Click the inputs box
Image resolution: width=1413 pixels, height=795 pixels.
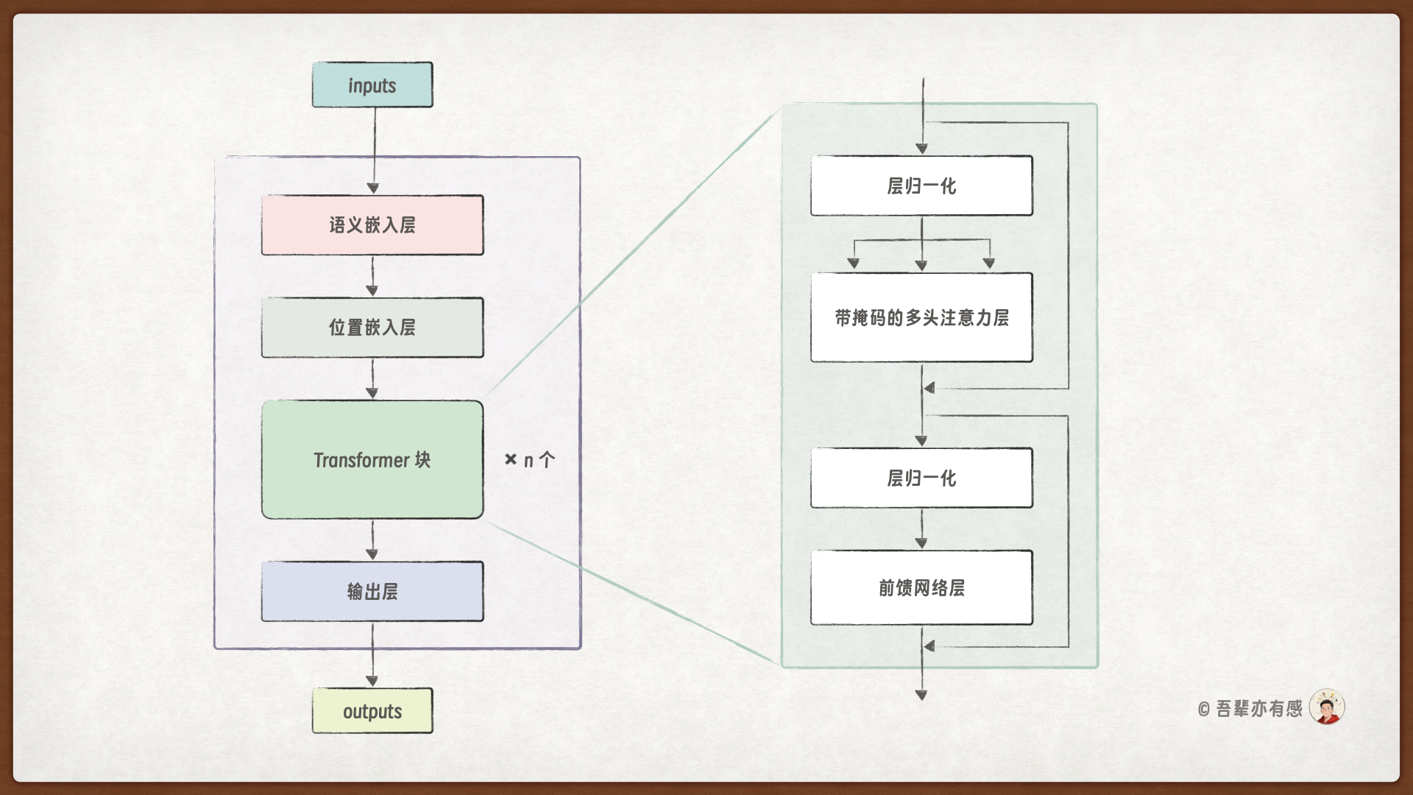click(372, 85)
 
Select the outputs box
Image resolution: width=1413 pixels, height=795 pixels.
click(372, 711)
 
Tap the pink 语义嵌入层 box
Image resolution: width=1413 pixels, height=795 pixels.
click(372, 225)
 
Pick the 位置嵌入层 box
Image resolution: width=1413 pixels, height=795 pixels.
click(372, 328)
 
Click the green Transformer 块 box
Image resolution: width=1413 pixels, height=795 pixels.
click(372, 460)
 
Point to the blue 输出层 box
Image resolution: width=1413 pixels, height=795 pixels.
click(372, 592)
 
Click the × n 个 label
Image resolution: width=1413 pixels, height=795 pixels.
click(530, 460)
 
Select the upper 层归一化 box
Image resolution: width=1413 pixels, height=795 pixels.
click(921, 185)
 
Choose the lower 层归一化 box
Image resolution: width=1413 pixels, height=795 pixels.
click(921, 478)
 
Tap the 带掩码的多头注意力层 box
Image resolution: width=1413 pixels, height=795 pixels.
click(921, 318)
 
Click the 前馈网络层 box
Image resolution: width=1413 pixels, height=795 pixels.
click(921, 587)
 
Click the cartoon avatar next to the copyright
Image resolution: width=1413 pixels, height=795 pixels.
click(1327, 707)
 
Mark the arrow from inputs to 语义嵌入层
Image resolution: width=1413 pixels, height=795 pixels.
click(374, 151)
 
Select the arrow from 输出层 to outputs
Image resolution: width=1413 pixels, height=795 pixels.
click(372, 655)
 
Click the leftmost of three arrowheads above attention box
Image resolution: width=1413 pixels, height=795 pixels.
click(854, 263)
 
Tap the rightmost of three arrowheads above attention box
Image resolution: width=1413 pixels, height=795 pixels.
click(989, 263)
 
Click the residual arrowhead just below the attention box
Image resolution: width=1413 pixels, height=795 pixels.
click(930, 388)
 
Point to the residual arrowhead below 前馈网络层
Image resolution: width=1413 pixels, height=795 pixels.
click(930, 646)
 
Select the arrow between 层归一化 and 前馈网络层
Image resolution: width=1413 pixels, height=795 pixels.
click(921, 529)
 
